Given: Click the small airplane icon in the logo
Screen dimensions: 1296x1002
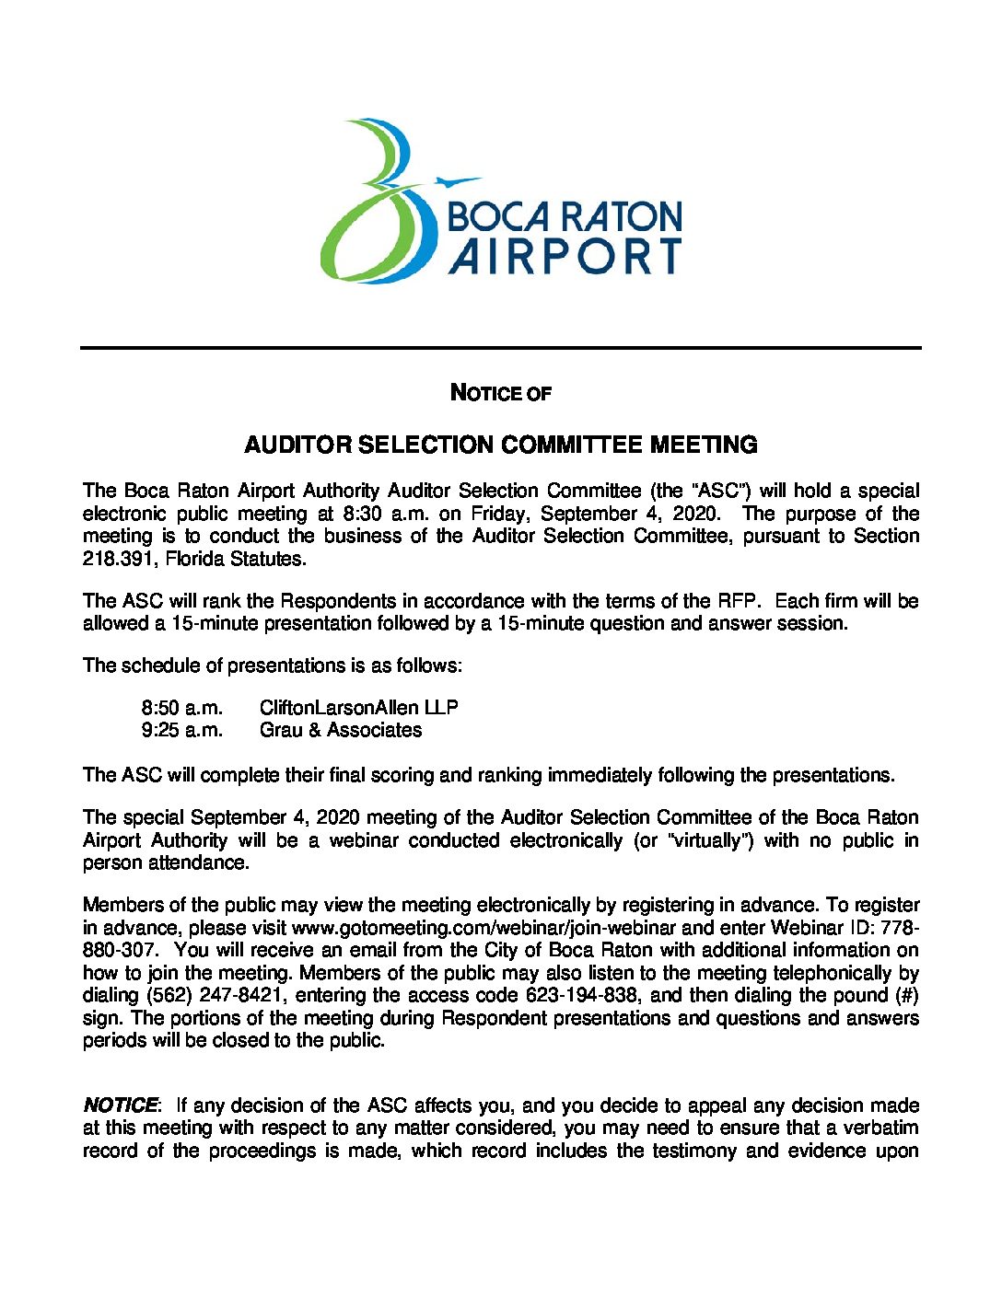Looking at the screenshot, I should click(x=458, y=181).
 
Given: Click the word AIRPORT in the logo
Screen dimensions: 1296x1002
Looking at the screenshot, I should click(x=565, y=256).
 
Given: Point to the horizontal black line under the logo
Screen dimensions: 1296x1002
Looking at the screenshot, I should click(x=500, y=348).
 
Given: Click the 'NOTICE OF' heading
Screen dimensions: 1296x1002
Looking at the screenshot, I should click(x=500, y=393).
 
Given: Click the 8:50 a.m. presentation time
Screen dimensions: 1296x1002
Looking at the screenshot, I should click(x=181, y=708).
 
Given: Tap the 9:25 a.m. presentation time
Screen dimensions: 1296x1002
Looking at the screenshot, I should click(x=181, y=731).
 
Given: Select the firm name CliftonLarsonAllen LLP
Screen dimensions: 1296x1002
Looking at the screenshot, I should click(x=358, y=708).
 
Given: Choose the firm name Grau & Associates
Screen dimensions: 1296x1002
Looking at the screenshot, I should click(x=340, y=731).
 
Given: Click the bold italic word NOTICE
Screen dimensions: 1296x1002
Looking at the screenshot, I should click(x=120, y=1105).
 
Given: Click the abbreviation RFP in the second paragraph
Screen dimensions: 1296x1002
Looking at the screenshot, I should click(x=738, y=602).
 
